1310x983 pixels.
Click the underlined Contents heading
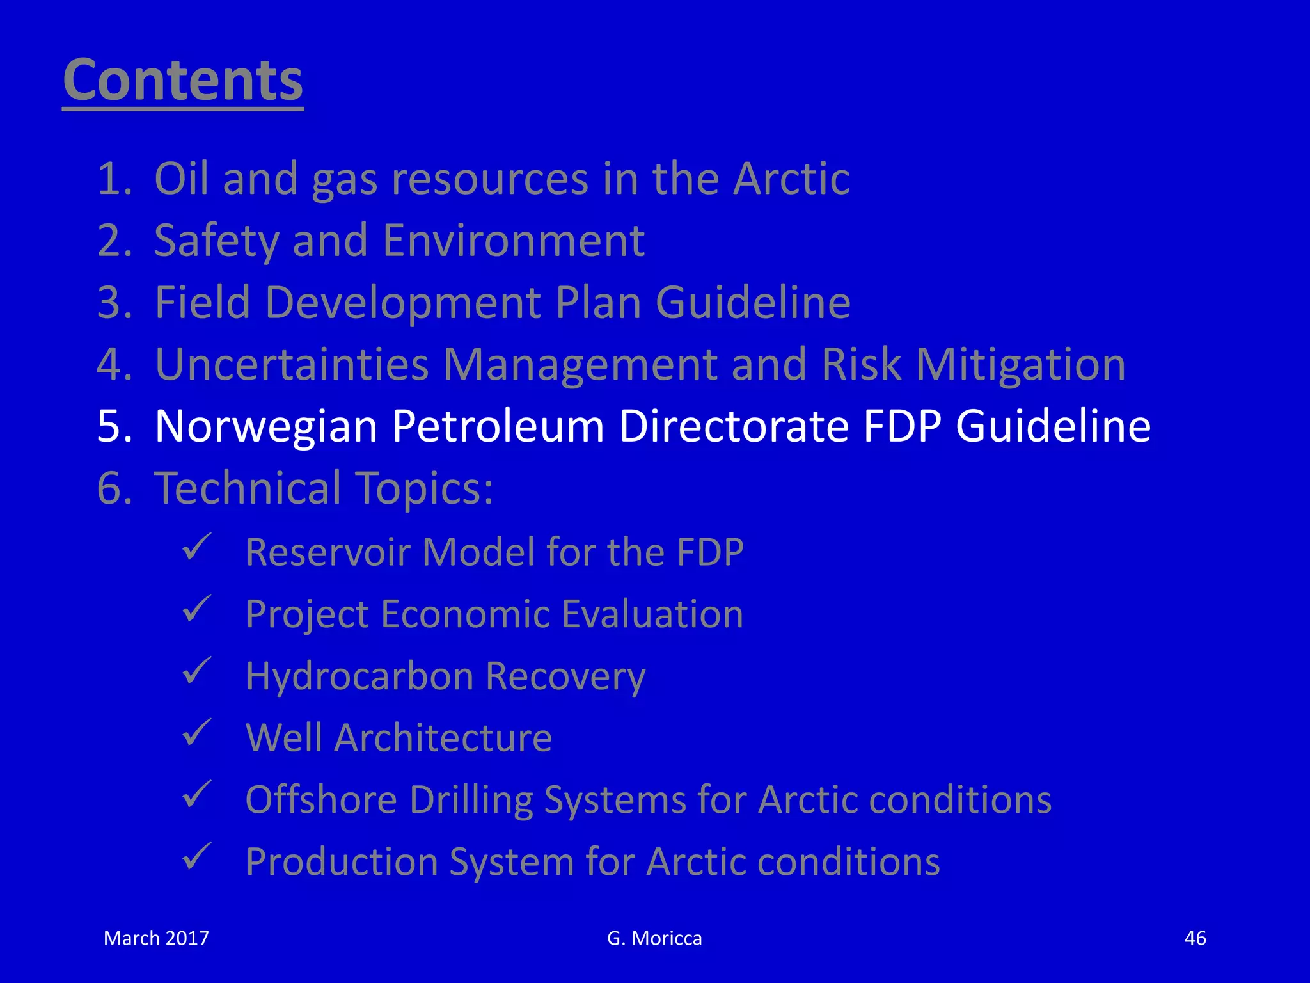(183, 81)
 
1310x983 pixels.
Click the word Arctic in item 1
(791, 179)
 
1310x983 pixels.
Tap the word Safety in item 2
(217, 241)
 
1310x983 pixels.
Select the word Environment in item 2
(513, 241)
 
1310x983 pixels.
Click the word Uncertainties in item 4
(291, 364)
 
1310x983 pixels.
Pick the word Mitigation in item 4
(1020, 364)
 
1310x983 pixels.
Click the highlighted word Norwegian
(266, 426)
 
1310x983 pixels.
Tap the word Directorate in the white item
(733, 426)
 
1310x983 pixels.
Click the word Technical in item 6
(248, 488)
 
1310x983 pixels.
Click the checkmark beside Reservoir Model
(196, 547)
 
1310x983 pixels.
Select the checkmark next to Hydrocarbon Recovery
(196, 671)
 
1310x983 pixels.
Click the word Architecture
(443, 738)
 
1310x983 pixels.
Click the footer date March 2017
(156, 938)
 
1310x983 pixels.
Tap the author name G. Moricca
(654, 938)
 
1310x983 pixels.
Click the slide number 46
(1195, 938)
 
